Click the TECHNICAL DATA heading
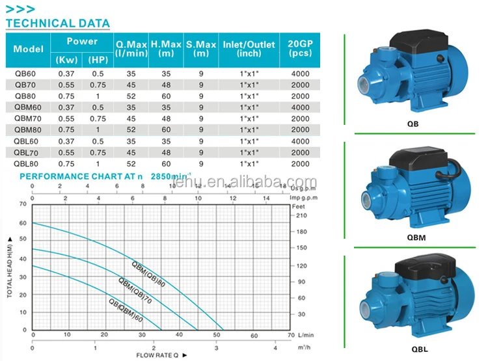click(x=58, y=23)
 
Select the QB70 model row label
click(x=25, y=85)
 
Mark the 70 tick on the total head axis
click(x=24, y=204)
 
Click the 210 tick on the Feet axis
click(x=301, y=215)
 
